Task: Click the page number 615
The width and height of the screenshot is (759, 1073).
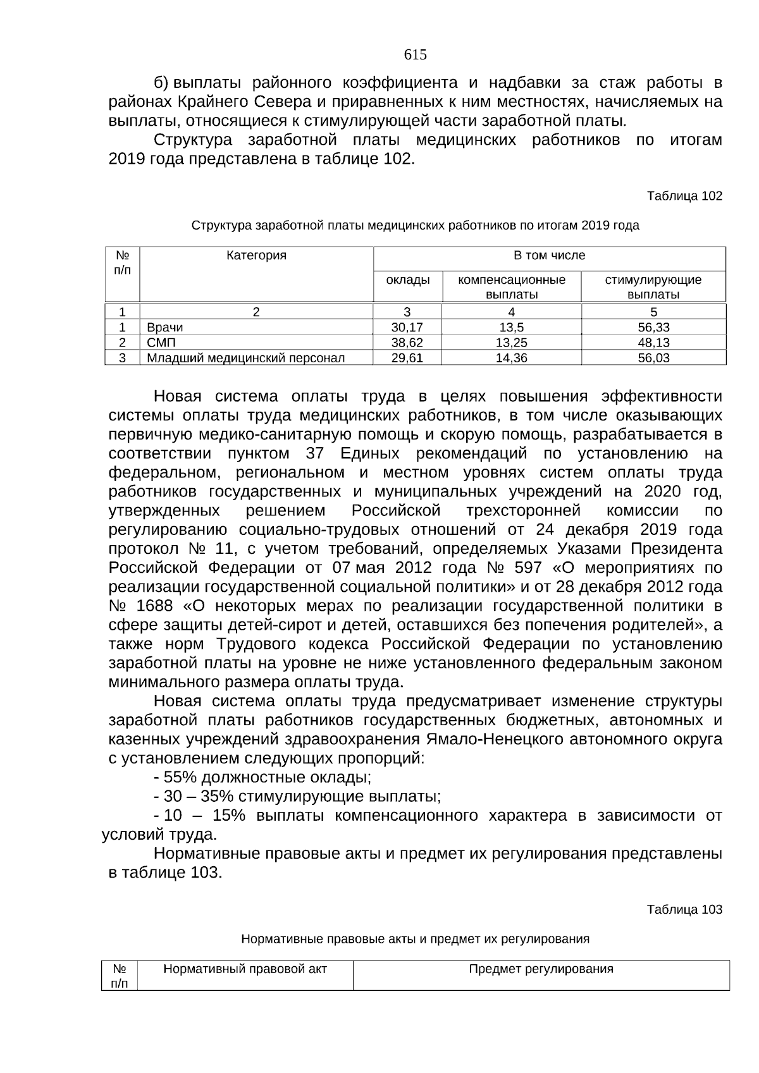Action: point(415,55)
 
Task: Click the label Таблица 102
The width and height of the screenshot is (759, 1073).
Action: point(684,196)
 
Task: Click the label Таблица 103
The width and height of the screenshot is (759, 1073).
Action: point(684,909)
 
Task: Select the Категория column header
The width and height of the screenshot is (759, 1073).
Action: point(256,255)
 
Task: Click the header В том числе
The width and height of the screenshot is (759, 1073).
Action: point(549,255)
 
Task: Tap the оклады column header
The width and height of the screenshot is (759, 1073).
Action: point(407,279)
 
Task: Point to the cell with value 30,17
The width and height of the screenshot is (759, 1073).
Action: point(407,328)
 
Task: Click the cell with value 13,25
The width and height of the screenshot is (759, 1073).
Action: point(511,343)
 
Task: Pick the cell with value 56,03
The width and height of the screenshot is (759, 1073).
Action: point(653,358)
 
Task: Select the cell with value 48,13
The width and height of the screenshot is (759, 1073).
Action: point(653,343)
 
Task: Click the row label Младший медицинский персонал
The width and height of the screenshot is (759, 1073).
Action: point(245,358)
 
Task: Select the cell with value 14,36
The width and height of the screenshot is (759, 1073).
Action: point(511,358)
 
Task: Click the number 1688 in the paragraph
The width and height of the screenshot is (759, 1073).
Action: point(154,606)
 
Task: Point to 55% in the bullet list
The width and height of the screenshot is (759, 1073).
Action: point(181,777)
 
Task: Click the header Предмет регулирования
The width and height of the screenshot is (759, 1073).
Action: point(541,969)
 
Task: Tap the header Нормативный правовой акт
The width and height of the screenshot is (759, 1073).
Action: point(245,969)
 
